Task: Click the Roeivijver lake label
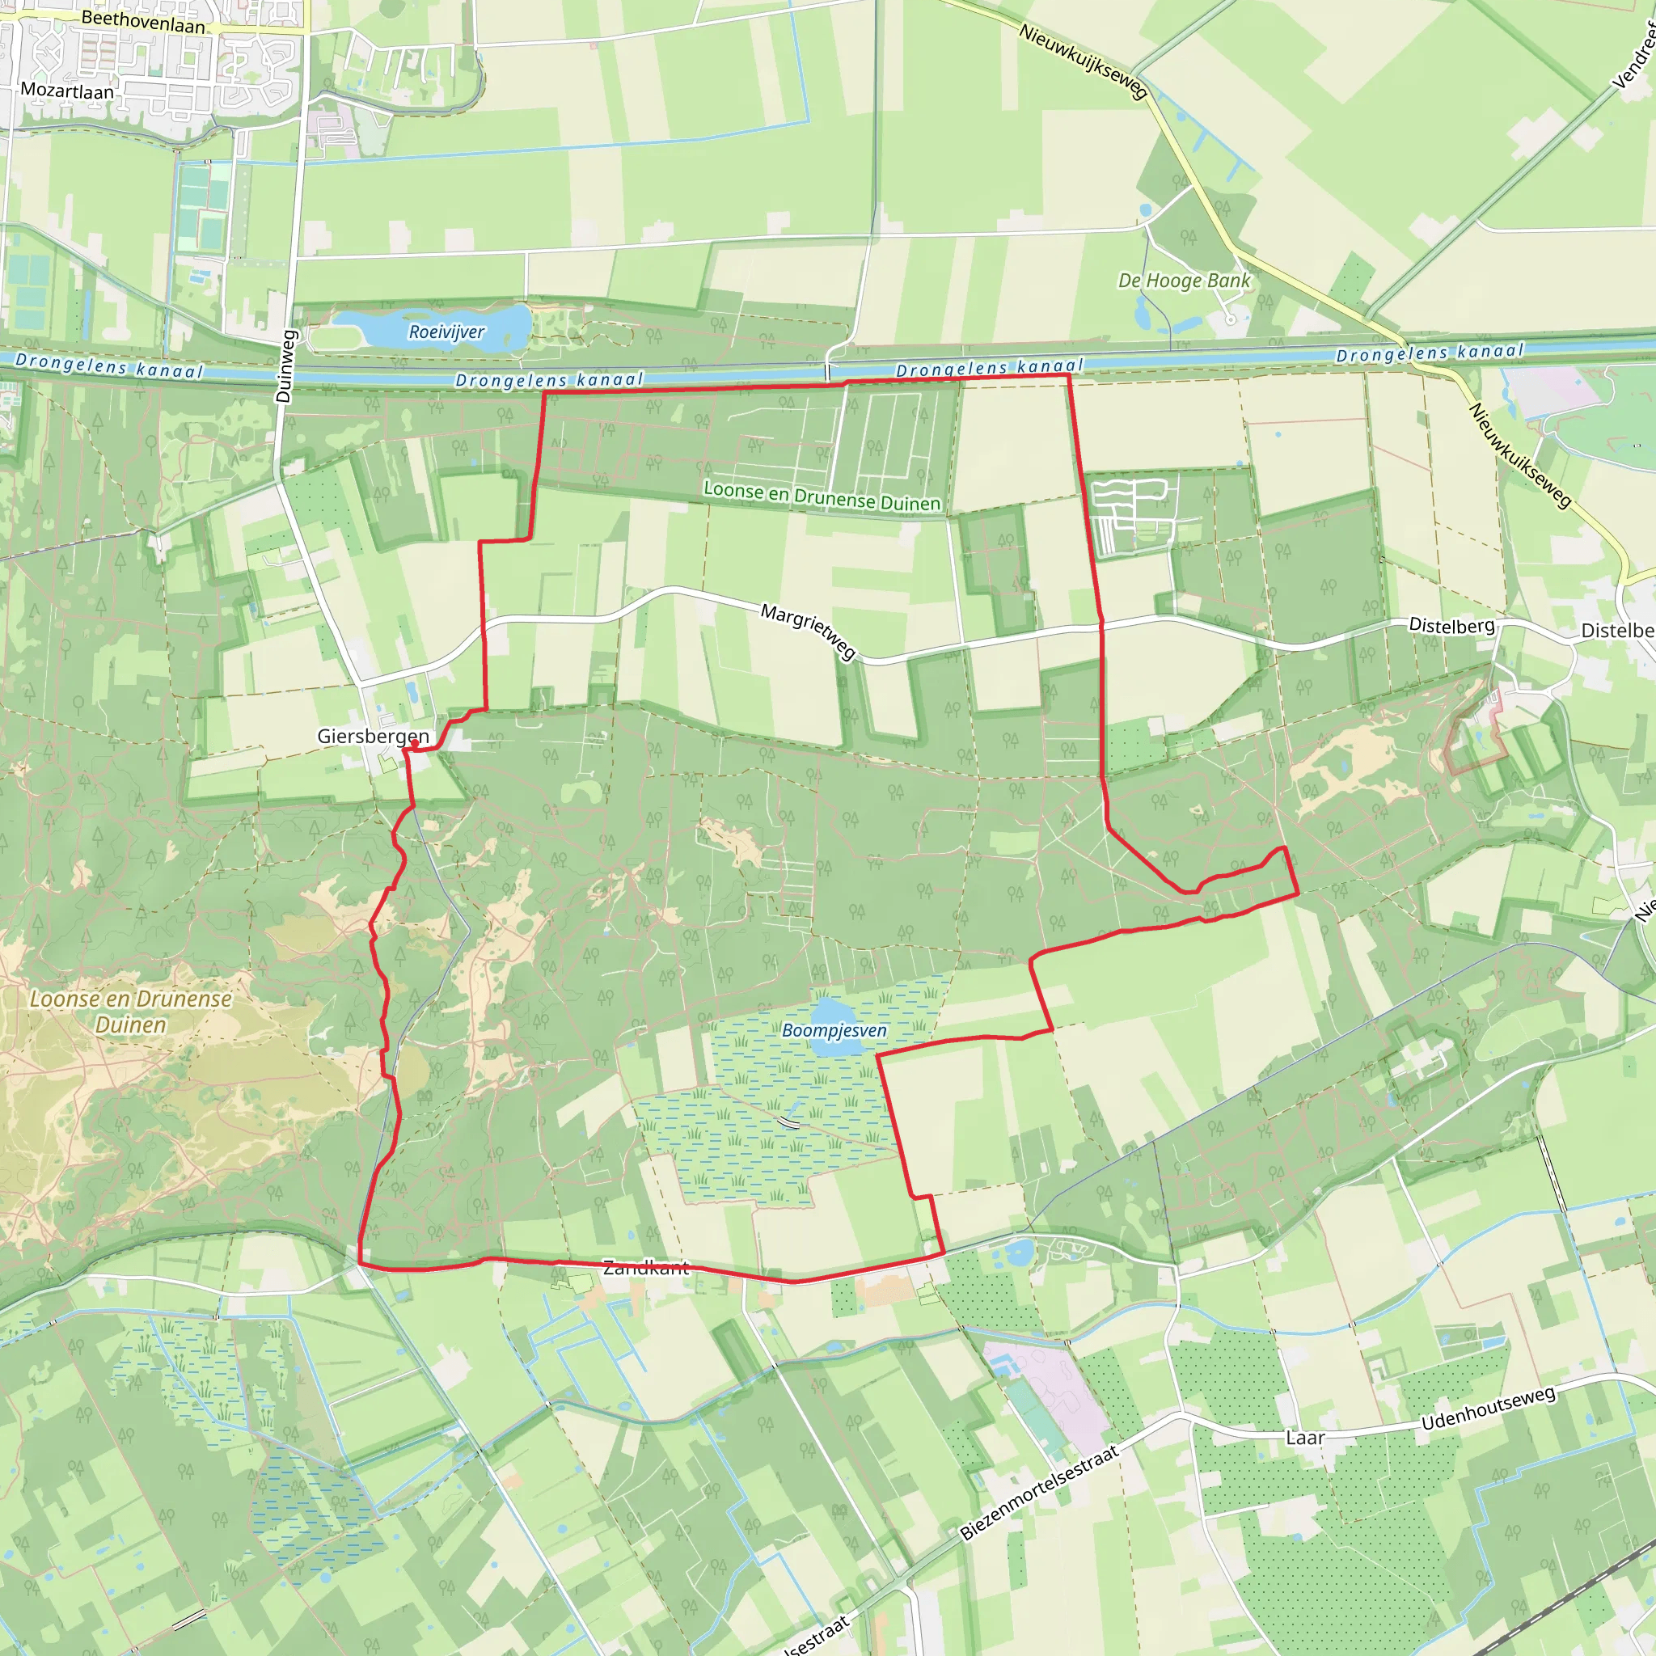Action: [446, 332]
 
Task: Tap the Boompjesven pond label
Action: [834, 1030]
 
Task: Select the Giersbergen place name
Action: [372, 737]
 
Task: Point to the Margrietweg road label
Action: [809, 632]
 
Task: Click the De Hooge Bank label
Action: [1184, 281]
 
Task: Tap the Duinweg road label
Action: [285, 366]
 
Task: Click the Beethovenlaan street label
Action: [143, 23]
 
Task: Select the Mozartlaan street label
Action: [67, 91]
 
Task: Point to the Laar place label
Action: [1304, 1438]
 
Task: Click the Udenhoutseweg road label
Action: [1487, 1409]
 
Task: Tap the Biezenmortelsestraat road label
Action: [1039, 1493]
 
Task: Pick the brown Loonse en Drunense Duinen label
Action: [130, 1012]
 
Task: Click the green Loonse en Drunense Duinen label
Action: [822, 496]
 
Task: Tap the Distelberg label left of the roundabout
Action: [1451, 626]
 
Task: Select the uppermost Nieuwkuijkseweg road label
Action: [1083, 61]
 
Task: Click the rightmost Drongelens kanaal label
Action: [1429, 353]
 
